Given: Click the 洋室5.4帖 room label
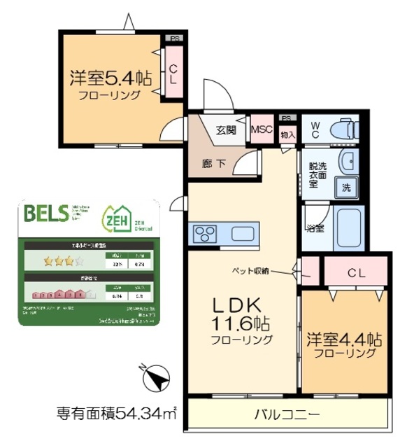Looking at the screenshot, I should tap(110, 78).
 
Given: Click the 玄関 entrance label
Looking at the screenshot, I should tap(226, 129).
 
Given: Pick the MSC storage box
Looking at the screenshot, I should tap(262, 129).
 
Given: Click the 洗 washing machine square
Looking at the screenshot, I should tap(346, 187).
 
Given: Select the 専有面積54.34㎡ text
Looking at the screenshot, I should tap(116, 412).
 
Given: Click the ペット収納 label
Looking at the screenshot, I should tap(251, 269).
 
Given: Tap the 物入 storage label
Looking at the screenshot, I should tap(287, 132).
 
